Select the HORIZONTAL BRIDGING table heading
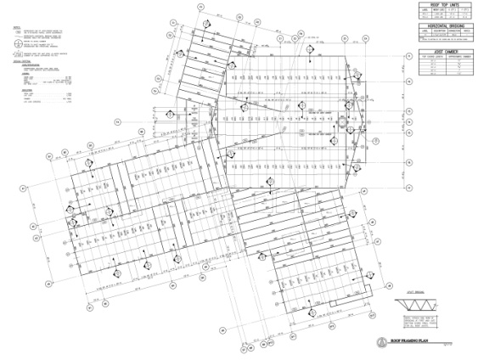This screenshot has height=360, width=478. coord(445,26)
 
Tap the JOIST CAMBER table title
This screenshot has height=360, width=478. coord(445,49)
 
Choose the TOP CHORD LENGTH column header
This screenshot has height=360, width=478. coord(432,56)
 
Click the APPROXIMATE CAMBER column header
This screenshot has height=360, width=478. coord(457,56)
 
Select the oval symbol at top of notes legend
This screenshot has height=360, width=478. coord(17,32)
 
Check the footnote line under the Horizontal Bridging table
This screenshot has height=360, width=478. coord(445,41)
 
